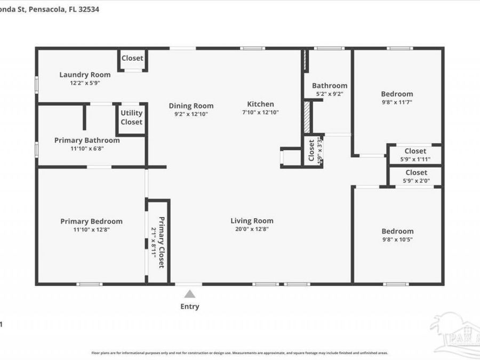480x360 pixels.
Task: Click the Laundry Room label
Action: [85, 75]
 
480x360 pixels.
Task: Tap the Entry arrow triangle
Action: [189, 294]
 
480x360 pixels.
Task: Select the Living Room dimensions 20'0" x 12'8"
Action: [252, 229]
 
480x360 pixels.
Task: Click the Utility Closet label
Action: [131, 117]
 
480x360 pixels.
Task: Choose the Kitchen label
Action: [260, 104]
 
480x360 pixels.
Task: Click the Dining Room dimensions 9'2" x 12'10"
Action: [191, 114]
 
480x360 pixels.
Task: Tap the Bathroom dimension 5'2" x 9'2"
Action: [330, 94]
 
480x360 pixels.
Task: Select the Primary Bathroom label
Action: [87, 140]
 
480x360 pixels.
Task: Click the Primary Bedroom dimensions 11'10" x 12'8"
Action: [91, 230]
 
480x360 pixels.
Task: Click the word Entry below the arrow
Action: [189, 306]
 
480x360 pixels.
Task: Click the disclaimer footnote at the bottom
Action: [239, 353]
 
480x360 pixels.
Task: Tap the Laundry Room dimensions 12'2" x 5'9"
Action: [85, 83]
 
